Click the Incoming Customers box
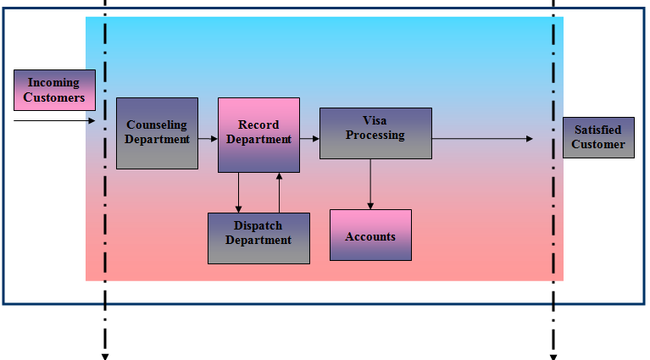tap(54, 90)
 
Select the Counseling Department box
tap(157, 133)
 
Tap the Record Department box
tap(258, 135)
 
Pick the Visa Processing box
tap(375, 133)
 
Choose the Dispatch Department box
tap(258, 238)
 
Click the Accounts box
tap(370, 235)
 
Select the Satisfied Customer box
tap(598, 137)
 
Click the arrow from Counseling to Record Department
tap(208, 136)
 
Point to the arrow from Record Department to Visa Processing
tap(309, 136)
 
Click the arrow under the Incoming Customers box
tap(55, 121)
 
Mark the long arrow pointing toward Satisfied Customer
tap(483, 138)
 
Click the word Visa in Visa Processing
tap(375, 121)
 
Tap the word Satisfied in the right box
tap(598, 130)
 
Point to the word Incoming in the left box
tap(53, 83)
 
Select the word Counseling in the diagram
tap(157, 125)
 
